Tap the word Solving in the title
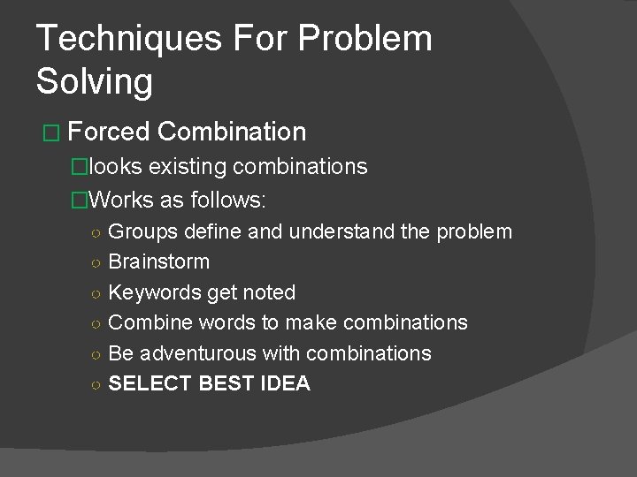(x=95, y=81)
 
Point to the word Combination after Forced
(x=234, y=132)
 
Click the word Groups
(x=143, y=231)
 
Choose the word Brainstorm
(x=159, y=262)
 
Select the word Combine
(x=147, y=322)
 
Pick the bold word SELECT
(x=147, y=384)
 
